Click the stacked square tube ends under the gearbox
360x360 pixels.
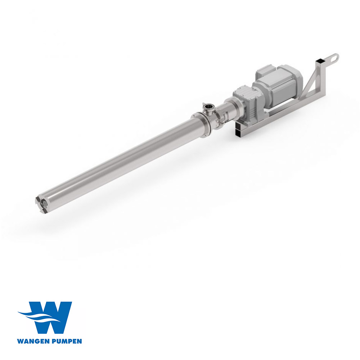(x=239, y=130)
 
